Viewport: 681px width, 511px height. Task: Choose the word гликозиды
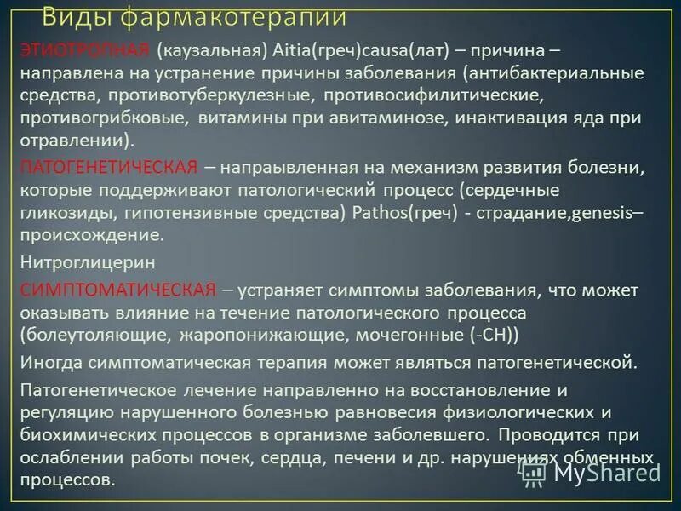[x=63, y=211]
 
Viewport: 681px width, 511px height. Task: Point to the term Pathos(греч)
[x=404, y=211]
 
